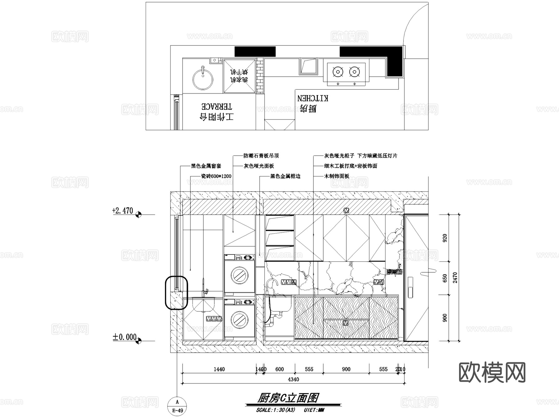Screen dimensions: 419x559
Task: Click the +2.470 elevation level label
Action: [x=122, y=211]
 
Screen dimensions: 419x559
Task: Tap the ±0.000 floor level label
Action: [x=125, y=337]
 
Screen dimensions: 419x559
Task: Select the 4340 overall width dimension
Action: [x=293, y=379]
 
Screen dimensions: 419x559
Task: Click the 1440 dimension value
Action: [x=219, y=369]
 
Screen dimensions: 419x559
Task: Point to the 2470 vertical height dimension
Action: [x=455, y=277]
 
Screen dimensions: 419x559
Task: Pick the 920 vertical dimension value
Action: [x=445, y=238]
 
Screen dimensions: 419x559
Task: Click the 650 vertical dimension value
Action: [x=445, y=278]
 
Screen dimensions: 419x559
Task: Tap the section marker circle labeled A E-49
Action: [x=177, y=406]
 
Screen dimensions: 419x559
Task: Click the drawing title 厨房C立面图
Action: [x=288, y=398]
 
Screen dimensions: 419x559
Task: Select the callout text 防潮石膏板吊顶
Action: [x=261, y=156]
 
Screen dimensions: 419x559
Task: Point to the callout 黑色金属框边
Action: [x=285, y=176]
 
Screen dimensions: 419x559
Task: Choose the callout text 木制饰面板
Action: [x=337, y=176]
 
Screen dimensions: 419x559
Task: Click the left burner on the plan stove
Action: [x=338, y=72]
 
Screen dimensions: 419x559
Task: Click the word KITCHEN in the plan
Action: [x=313, y=98]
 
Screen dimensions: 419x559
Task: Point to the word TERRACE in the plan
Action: [x=217, y=107]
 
